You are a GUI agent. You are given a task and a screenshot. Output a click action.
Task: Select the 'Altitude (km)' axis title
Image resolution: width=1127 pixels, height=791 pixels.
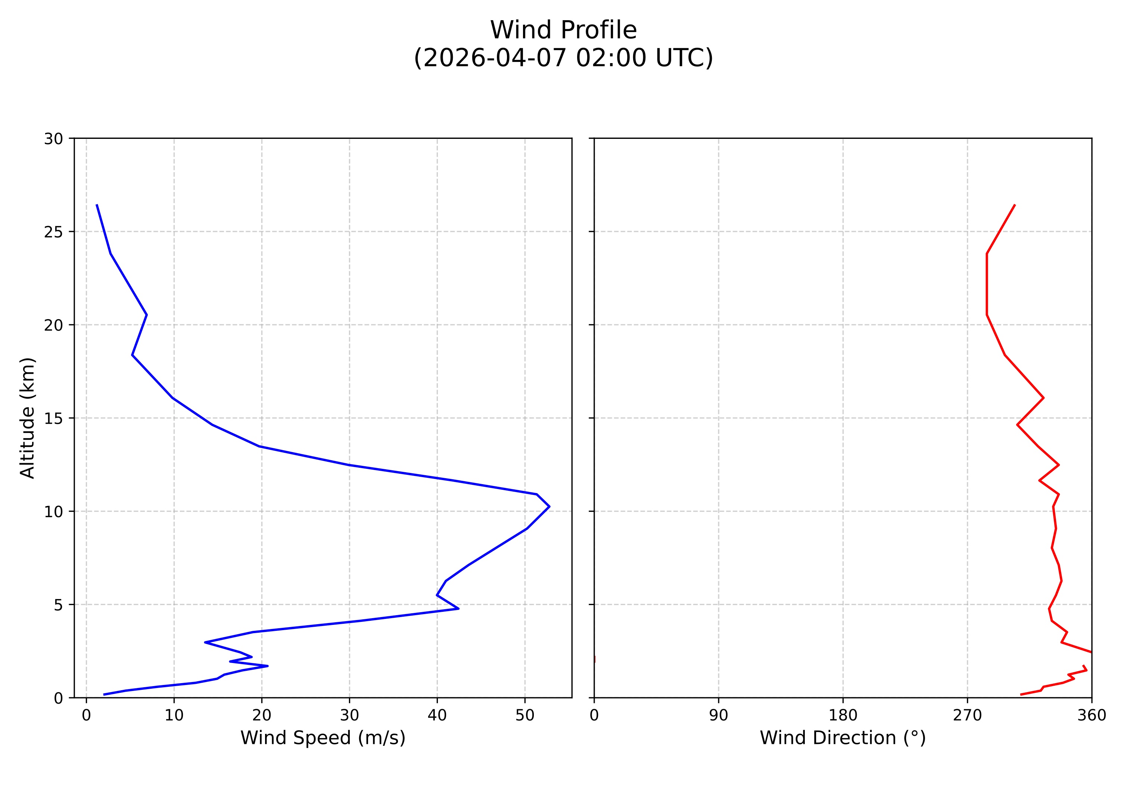(28, 418)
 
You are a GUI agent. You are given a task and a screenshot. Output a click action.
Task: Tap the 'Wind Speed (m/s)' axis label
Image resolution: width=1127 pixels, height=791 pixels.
(323, 738)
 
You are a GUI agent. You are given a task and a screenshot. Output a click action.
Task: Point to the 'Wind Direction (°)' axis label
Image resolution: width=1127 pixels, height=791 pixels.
(842, 738)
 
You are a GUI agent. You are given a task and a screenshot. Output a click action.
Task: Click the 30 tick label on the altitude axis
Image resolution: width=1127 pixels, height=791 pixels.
(53, 139)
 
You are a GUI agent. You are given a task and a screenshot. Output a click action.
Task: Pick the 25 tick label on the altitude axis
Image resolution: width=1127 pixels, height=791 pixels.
(53, 232)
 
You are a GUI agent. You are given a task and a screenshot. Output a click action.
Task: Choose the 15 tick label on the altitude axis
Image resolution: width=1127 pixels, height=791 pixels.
(53, 418)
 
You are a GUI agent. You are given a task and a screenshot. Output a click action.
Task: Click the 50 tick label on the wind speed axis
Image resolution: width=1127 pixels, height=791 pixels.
(525, 716)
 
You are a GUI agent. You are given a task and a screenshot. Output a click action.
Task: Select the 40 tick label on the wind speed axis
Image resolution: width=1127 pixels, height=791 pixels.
(437, 716)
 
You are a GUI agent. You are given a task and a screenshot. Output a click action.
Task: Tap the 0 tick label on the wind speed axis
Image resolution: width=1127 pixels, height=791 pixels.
(86, 716)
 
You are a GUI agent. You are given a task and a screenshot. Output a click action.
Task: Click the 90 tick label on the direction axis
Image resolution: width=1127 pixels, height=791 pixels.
(719, 716)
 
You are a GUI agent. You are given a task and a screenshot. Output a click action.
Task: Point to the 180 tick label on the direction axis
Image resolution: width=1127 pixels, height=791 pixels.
(843, 716)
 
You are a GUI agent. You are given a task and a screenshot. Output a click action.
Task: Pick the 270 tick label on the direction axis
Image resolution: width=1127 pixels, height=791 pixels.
(968, 716)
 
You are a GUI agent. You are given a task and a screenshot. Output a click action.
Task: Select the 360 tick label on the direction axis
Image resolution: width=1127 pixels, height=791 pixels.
(1092, 716)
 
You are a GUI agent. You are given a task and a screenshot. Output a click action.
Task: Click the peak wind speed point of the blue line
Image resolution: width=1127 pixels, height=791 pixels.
(549, 507)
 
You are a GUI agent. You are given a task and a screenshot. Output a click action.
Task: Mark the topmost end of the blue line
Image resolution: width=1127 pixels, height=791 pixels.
(97, 205)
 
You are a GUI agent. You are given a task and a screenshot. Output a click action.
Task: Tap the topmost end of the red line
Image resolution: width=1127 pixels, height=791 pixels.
(1015, 205)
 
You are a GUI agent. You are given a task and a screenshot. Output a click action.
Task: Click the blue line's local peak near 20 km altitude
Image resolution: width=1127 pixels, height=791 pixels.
(147, 315)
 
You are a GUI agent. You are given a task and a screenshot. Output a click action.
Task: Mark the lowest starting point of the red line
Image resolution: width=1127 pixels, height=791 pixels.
(1021, 694)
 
